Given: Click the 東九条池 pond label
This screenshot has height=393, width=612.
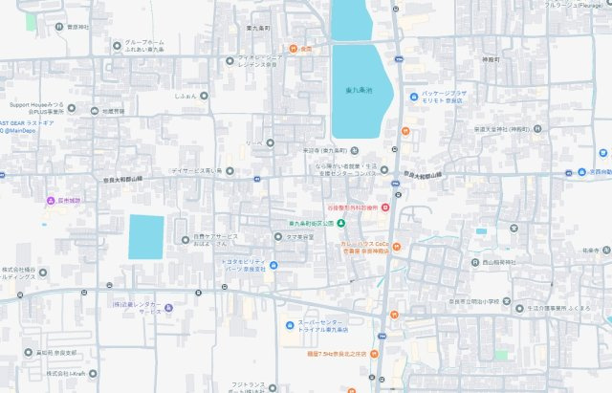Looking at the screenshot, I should pos(361,91).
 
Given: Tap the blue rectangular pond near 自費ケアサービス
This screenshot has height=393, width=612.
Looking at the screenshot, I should pos(146,236).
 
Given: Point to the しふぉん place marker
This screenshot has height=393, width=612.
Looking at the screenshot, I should pos(208,97).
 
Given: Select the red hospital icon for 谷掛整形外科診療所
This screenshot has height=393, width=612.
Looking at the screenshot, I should pos(384,207).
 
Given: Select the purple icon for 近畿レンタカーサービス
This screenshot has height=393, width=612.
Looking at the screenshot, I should pos(168,307).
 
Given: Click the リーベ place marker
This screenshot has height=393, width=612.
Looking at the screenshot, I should pos(271,143).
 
